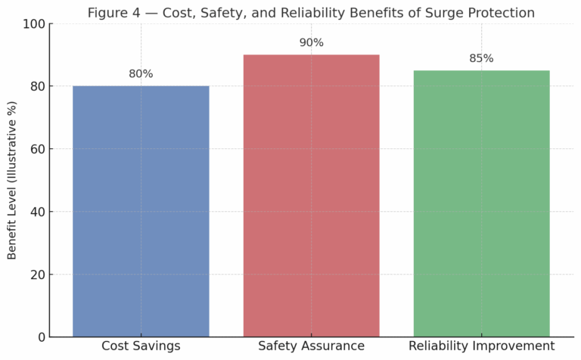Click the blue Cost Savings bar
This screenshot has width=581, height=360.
(x=141, y=211)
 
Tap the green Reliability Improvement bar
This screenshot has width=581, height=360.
(x=481, y=203)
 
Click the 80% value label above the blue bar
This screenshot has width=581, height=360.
(x=141, y=74)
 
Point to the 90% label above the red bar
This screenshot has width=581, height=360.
(x=311, y=43)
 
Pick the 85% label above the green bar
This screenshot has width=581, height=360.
(x=481, y=58)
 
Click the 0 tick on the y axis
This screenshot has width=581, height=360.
(x=40, y=337)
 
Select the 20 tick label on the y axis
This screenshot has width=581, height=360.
(x=36, y=275)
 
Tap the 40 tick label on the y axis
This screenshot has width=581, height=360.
(x=36, y=212)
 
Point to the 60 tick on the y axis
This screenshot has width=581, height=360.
(x=36, y=149)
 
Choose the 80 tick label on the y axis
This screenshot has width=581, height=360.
(x=36, y=86)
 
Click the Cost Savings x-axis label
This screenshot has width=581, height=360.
(x=141, y=346)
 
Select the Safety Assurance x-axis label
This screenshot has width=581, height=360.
(x=311, y=346)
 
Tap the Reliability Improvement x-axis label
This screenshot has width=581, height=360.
(x=481, y=346)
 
